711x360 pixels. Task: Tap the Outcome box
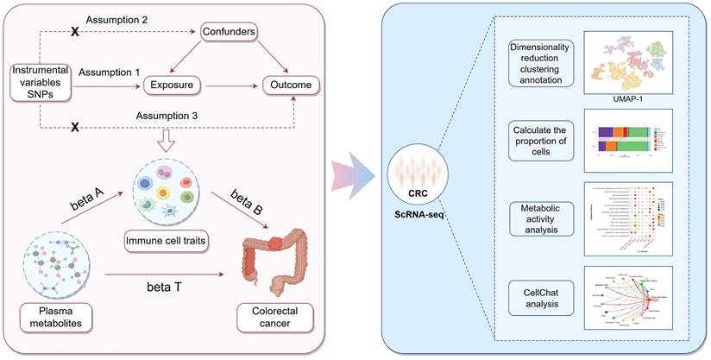(291, 85)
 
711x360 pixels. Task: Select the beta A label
(87, 205)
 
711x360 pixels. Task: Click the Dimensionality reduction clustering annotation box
(535, 63)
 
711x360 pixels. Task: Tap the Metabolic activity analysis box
(535, 218)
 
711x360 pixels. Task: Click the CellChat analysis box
(535, 295)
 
